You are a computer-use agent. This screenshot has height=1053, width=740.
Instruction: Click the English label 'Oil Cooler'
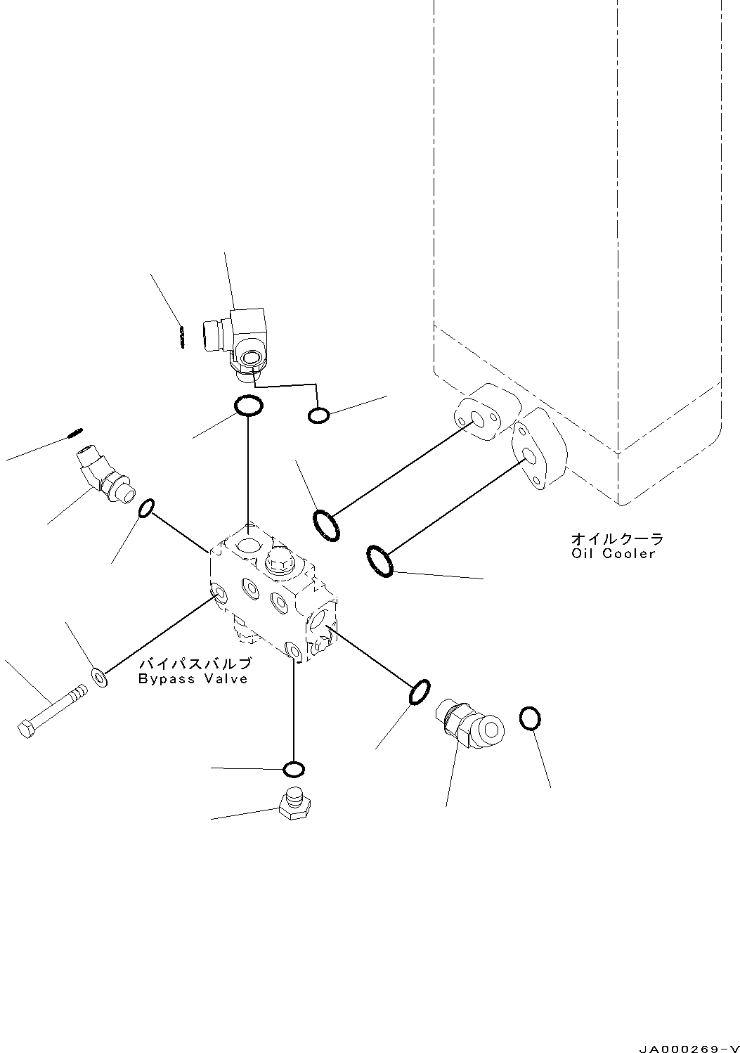614,553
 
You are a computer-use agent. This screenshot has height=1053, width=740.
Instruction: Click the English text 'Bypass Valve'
193,679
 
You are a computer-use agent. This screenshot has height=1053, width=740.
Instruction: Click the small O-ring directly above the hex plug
294,769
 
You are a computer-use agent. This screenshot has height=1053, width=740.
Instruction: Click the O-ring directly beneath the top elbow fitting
248,406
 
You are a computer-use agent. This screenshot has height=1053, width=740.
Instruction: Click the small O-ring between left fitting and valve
145,508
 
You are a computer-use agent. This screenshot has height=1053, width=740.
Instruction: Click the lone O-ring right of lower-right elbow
531,718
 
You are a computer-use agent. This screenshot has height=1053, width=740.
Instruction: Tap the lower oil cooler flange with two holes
538,451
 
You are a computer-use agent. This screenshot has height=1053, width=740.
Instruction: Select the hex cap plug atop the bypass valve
278,560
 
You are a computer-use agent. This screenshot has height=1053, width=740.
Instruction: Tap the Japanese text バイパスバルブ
195,664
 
